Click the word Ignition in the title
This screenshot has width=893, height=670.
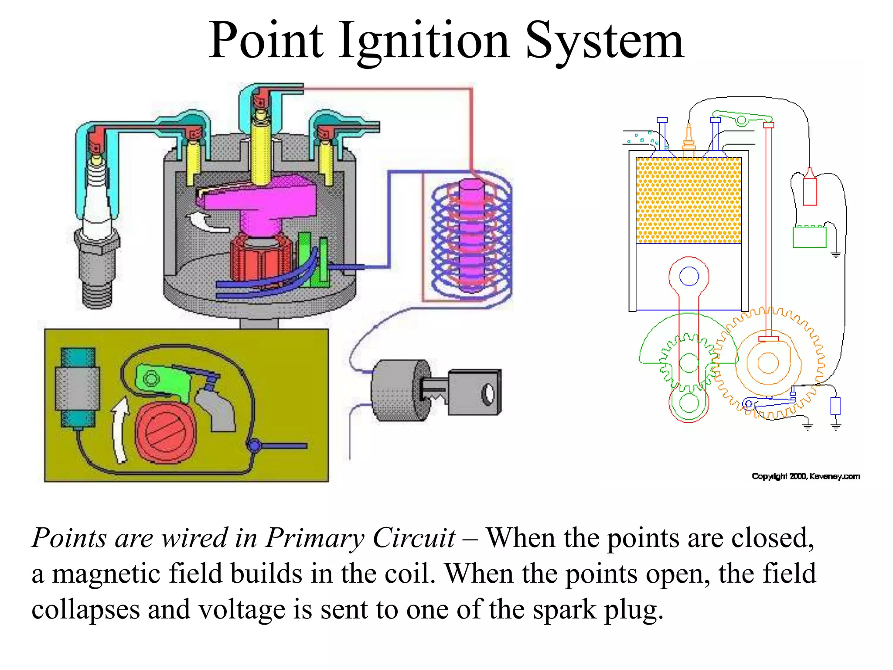tap(424, 41)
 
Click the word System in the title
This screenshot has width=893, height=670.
tap(604, 41)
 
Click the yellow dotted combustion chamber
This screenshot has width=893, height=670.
tap(688, 200)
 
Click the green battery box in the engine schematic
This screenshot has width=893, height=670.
tap(809, 237)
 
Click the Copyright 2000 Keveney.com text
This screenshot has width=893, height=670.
tap(806, 476)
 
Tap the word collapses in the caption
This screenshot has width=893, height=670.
tap(85, 609)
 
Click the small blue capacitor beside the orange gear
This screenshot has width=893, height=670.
tap(835, 406)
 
